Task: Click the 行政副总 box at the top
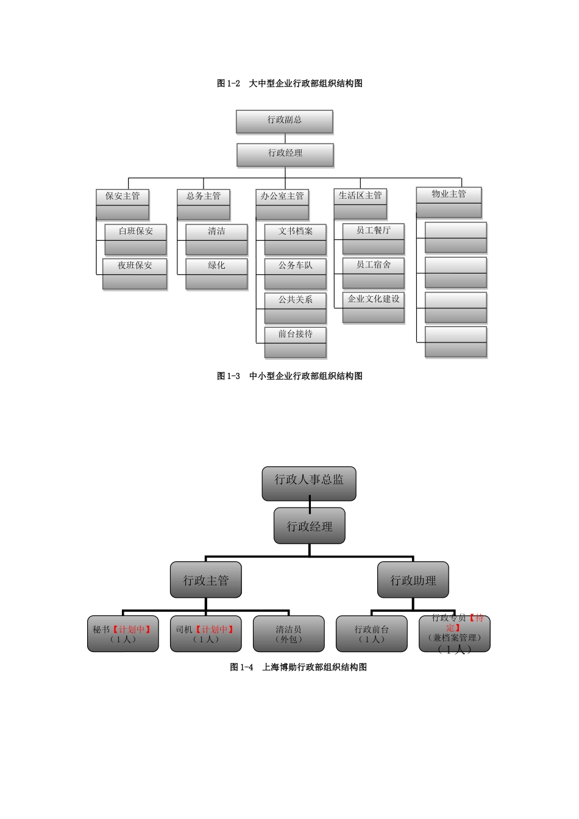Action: (x=285, y=121)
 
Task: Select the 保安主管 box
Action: (x=123, y=204)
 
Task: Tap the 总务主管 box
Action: (x=204, y=204)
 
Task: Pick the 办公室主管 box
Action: (x=282, y=204)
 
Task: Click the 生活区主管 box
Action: (x=360, y=204)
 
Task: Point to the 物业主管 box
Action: (x=449, y=201)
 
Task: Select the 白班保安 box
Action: (x=135, y=239)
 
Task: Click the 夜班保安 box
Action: (x=135, y=273)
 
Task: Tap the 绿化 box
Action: (x=216, y=273)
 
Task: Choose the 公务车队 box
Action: (x=295, y=273)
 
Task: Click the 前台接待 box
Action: (x=295, y=342)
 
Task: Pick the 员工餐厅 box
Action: (x=374, y=238)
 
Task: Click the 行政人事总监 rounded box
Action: (x=309, y=483)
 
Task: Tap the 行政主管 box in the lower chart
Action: (x=206, y=580)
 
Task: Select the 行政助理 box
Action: (x=413, y=580)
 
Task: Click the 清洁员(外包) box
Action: (x=288, y=634)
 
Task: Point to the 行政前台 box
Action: (x=372, y=634)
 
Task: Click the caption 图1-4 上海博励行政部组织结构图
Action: (x=298, y=667)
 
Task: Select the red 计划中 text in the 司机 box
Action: (x=215, y=629)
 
